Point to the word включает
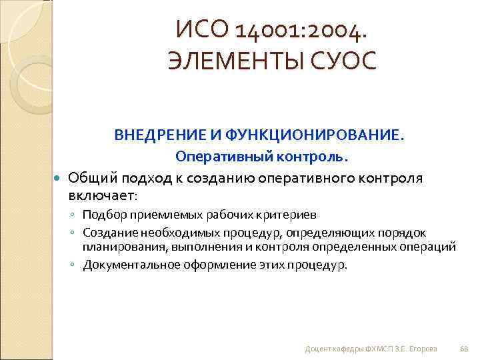click(101, 197)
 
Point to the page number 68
click(465, 349)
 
